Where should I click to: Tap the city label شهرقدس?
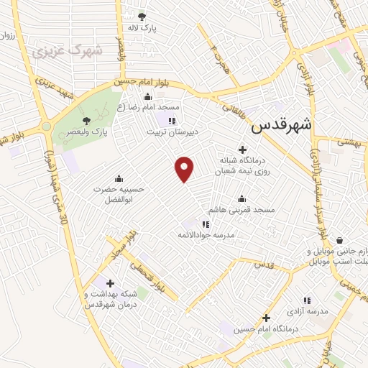pos(282,124)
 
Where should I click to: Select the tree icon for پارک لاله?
pos(142,16)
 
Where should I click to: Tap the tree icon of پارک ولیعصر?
pos(86,121)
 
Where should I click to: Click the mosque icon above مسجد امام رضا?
pos(148,97)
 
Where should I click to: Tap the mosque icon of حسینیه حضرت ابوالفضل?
pos(119,178)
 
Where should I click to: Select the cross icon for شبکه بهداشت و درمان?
pos(109,283)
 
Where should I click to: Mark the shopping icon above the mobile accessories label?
pos(339,241)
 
